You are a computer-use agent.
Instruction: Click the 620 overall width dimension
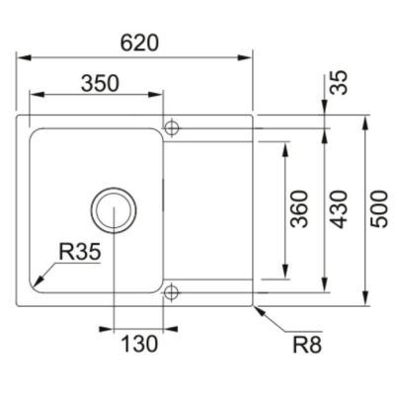pyautogui.click(x=139, y=43)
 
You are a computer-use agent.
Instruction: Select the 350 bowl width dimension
pyautogui.click(x=100, y=83)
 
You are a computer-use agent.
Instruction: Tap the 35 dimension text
pyautogui.click(x=339, y=83)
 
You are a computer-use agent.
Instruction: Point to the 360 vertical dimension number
pyautogui.click(x=299, y=209)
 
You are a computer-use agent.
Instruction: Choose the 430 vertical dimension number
pyautogui.click(x=339, y=209)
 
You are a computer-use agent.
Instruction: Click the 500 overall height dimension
pyautogui.click(x=379, y=209)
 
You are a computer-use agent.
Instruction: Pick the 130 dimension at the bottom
pyautogui.click(x=139, y=345)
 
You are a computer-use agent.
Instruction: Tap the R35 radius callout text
pyautogui.click(x=79, y=253)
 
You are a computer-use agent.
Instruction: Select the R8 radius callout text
pyautogui.click(x=307, y=345)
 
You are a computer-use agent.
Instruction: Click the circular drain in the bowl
pyautogui.click(x=114, y=210)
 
